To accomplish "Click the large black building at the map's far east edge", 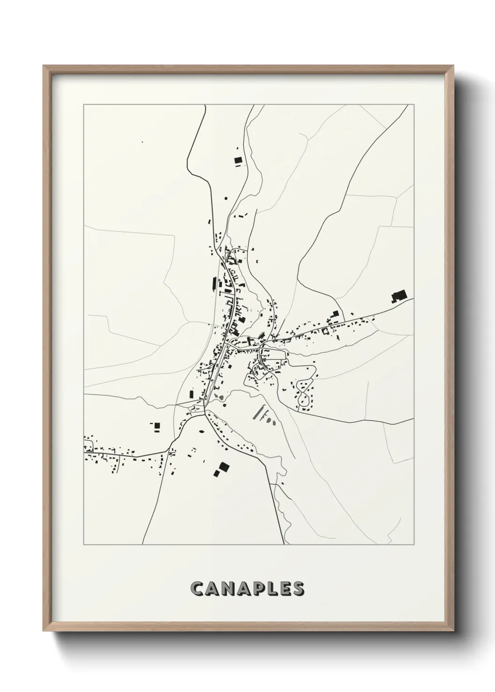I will pos(399,296).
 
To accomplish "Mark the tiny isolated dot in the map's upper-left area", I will pos(142,142).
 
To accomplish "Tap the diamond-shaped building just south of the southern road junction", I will pos(202,432).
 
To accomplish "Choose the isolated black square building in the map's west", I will pos(157,425).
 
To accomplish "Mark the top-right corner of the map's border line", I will pos(414,105).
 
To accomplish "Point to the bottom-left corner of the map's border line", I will pos(84,545).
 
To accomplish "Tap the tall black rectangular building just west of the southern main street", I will pos(191,394).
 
